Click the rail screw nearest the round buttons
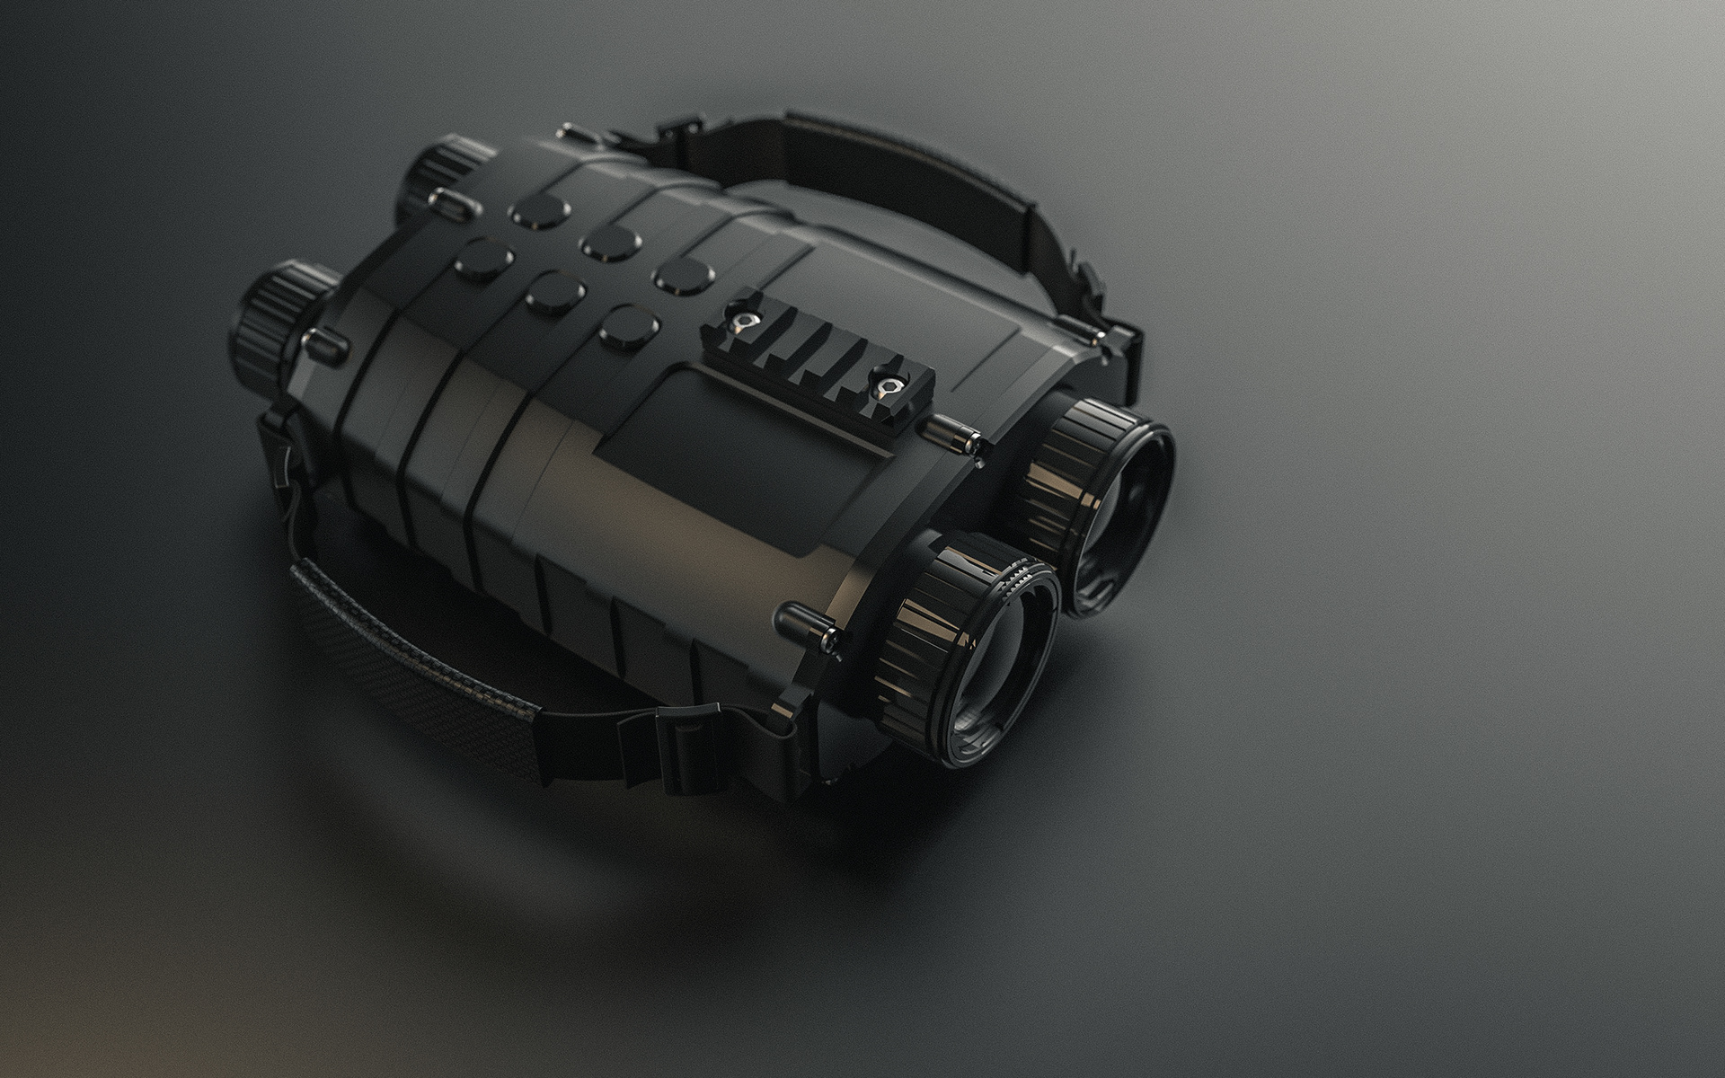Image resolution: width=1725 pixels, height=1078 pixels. pyautogui.click(x=743, y=322)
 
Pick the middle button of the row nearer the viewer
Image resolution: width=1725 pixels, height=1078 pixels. pyautogui.click(x=555, y=292)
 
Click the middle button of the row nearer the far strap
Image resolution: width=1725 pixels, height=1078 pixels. pyautogui.click(x=607, y=243)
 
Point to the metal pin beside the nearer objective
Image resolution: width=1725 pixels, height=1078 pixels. pyautogui.click(x=809, y=624)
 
